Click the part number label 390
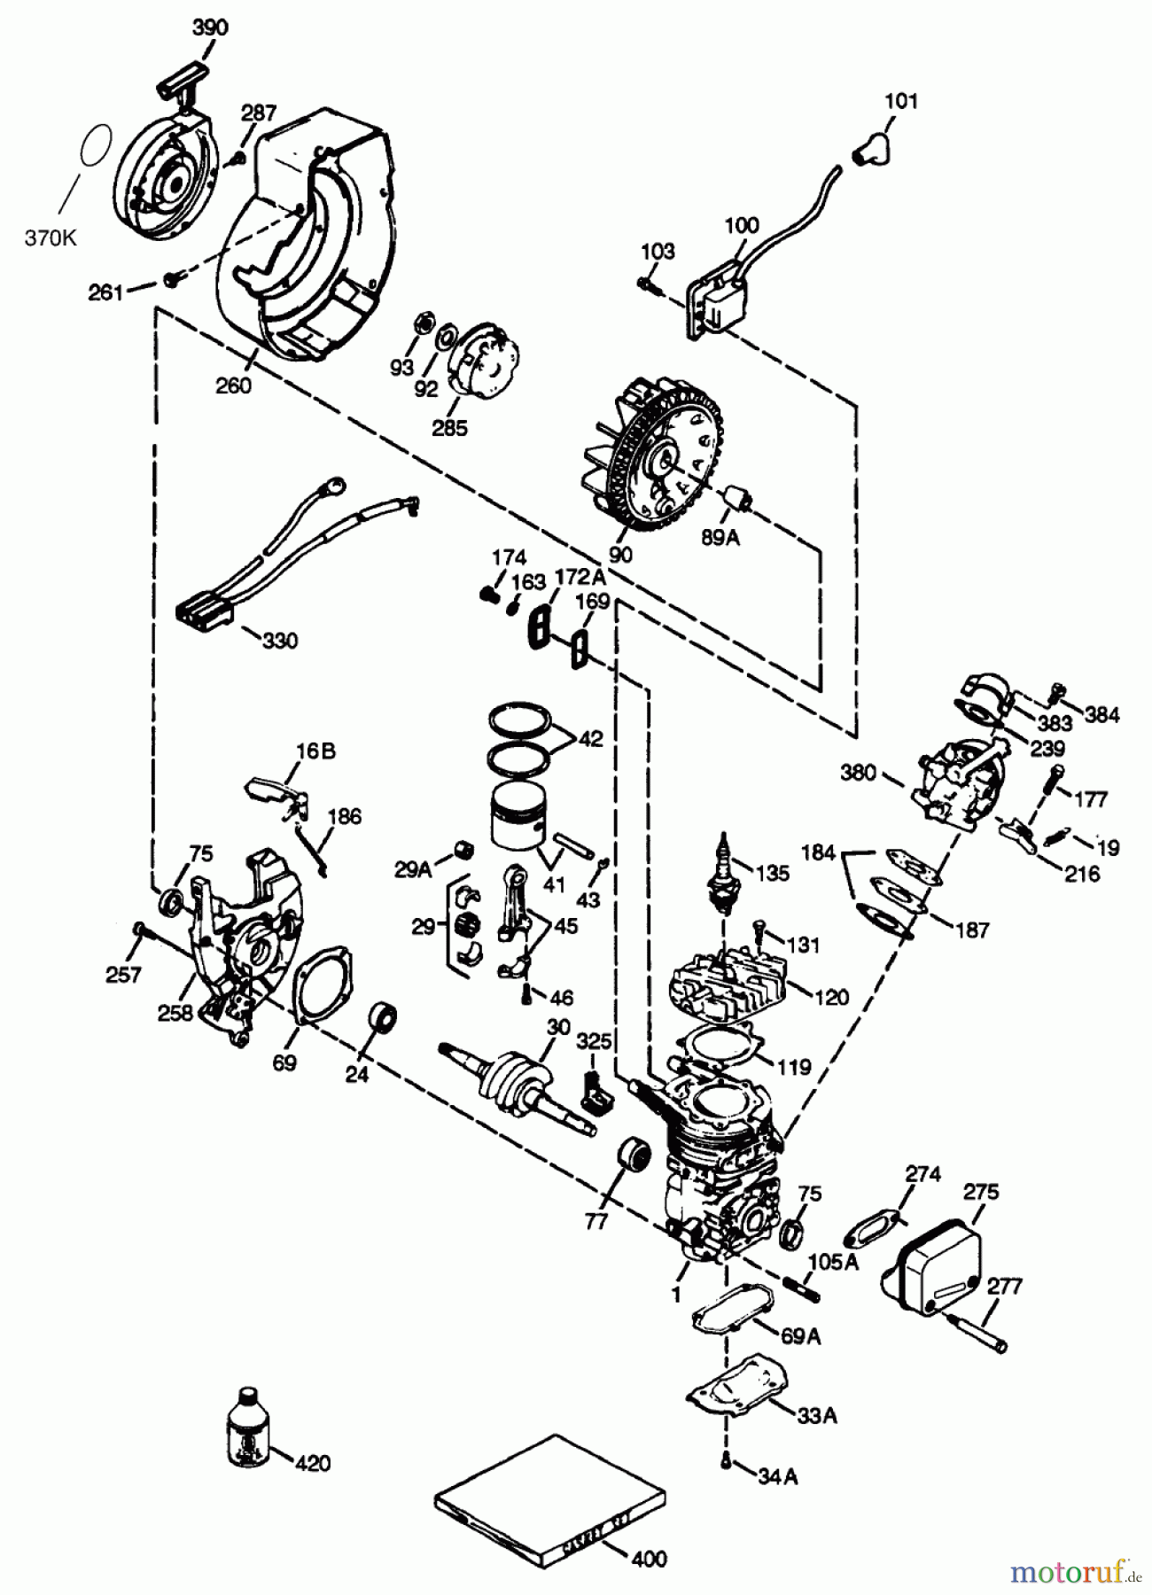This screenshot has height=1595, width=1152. (x=210, y=27)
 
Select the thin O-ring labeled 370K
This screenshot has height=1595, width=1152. (x=96, y=144)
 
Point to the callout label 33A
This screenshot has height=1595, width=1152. (x=814, y=1415)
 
